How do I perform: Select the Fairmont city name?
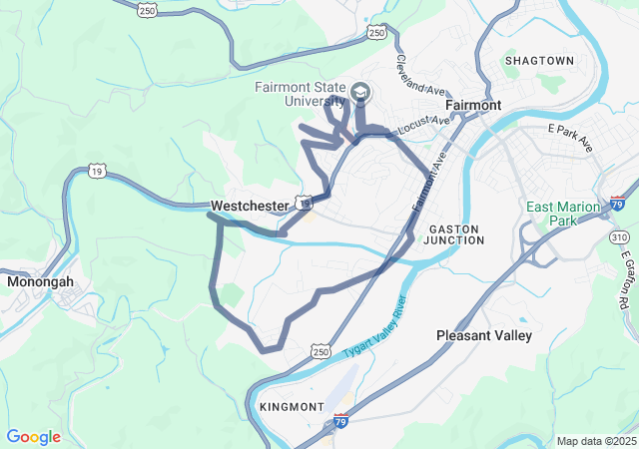pyautogui.click(x=471, y=104)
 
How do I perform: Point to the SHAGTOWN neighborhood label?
pyautogui.click(x=539, y=61)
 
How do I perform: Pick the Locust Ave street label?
pyautogui.click(x=423, y=127)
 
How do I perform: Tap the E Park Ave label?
pyautogui.click(x=570, y=138)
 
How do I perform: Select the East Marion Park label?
pyautogui.click(x=563, y=214)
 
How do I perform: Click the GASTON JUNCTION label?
pyautogui.click(x=454, y=234)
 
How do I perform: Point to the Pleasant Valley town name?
pyautogui.click(x=484, y=336)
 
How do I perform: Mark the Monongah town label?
pyautogui.click(x=40, y=282)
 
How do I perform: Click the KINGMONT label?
pyautogui.click(x=291, y=407)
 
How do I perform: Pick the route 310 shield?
pyautogui.click(x=620, y=236)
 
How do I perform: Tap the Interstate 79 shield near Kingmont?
pyautogui.click(x=341, y=421)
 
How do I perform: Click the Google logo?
pyautogui.click(x=33, y=437)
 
